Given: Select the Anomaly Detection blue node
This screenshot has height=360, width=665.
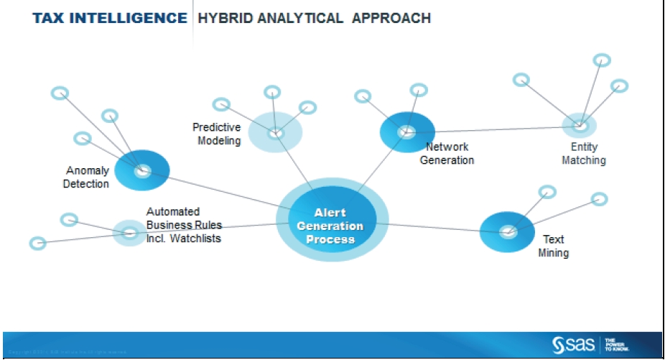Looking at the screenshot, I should coord(142,170).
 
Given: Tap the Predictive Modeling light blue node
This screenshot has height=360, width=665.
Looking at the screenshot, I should coord(275,133).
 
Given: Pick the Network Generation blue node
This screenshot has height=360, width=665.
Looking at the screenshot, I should coord(407,132).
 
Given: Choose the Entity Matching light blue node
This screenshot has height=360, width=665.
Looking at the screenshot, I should coord(580,126).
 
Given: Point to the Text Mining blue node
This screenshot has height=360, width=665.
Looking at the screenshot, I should coord(508,231).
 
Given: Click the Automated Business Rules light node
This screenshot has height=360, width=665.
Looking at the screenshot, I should coord(130,233).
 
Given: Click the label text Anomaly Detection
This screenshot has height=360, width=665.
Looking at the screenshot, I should coord(86,177).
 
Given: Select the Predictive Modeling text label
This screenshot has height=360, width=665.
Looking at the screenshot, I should coord(216,134).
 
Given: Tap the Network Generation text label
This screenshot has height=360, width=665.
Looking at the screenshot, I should coord(447,154).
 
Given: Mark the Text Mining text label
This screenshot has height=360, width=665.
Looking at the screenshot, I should coord(553,246).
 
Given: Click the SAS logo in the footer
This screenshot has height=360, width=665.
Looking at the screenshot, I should coord(573,345).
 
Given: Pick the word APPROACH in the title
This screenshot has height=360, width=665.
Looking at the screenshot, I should coord(391,18).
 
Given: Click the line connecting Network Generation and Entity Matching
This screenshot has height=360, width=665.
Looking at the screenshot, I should coord(496,129).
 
